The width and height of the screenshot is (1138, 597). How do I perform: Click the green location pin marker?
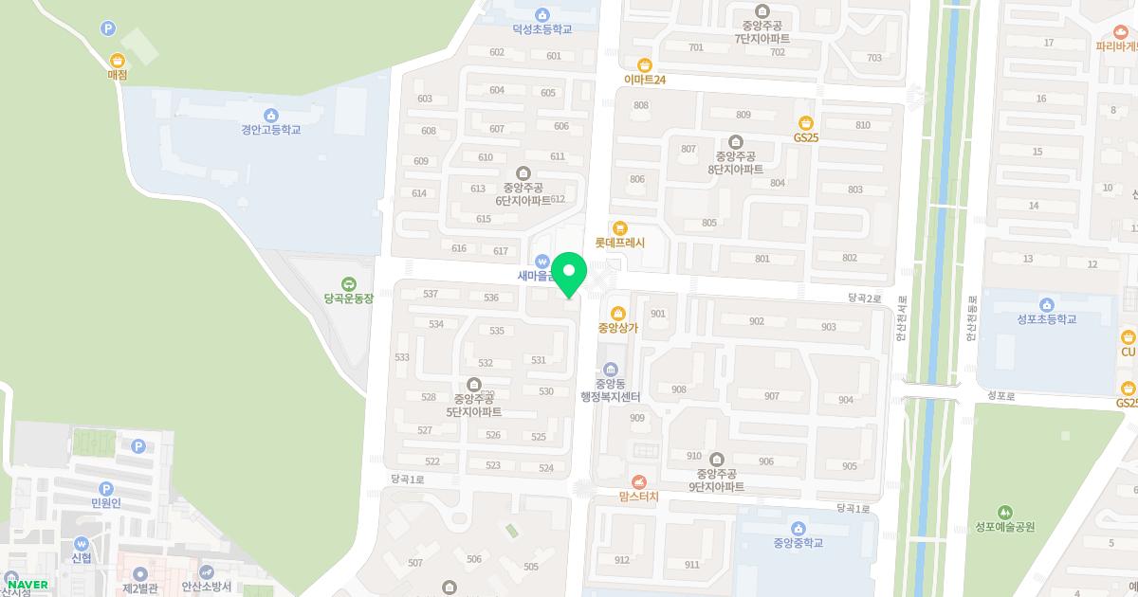tap(569, 275)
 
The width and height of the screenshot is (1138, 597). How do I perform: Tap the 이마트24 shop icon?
tap(645, 65)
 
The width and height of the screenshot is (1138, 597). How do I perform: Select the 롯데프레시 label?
tap(619, 243)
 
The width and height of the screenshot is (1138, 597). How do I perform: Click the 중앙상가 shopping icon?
tap(618, 314)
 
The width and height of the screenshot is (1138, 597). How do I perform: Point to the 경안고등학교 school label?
tap(270, 130)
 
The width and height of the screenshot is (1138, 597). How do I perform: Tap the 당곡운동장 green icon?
tap(349, 283)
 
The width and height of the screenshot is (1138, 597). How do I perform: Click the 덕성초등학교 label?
tap(542, 29)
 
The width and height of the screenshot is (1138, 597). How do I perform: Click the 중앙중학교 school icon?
tap(798, 528)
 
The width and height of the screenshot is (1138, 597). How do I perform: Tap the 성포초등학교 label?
tap(1046, 319)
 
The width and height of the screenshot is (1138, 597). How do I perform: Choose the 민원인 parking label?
tap(106, 503)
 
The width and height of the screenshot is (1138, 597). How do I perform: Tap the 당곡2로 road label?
tap(865, 298)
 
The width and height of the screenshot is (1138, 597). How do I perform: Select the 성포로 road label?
tap(1000, 395)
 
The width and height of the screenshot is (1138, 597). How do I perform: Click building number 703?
tap(873, 58)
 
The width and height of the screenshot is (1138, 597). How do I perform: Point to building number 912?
tap(621, 560)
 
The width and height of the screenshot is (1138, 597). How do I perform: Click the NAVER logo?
tap(27, 585)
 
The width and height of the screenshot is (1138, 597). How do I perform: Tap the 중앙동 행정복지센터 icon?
tap(610, 369)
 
